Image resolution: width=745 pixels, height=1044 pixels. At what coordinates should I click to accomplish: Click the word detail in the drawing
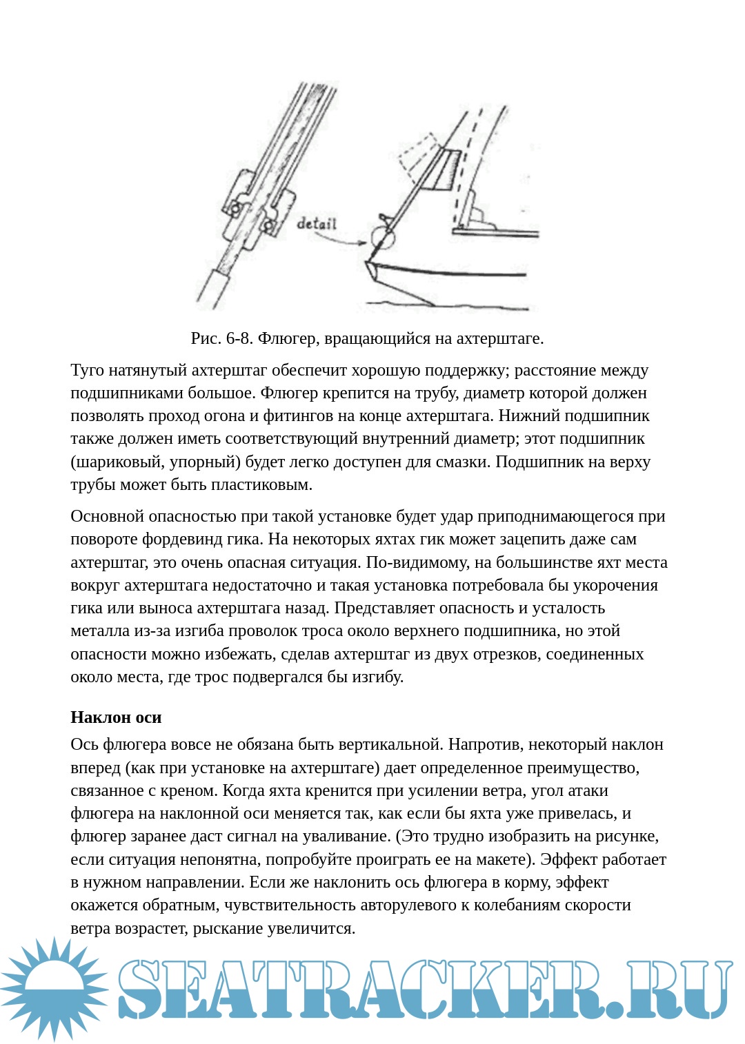pos(317,223)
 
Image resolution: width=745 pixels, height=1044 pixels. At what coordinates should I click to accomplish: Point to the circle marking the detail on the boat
pos(383,238)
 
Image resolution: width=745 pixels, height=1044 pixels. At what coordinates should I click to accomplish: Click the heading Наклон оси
pos(116,717)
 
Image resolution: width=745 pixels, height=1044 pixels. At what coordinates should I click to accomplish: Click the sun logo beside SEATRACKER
pos(54,988)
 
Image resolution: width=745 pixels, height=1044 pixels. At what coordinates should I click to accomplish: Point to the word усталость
pos(570,608)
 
